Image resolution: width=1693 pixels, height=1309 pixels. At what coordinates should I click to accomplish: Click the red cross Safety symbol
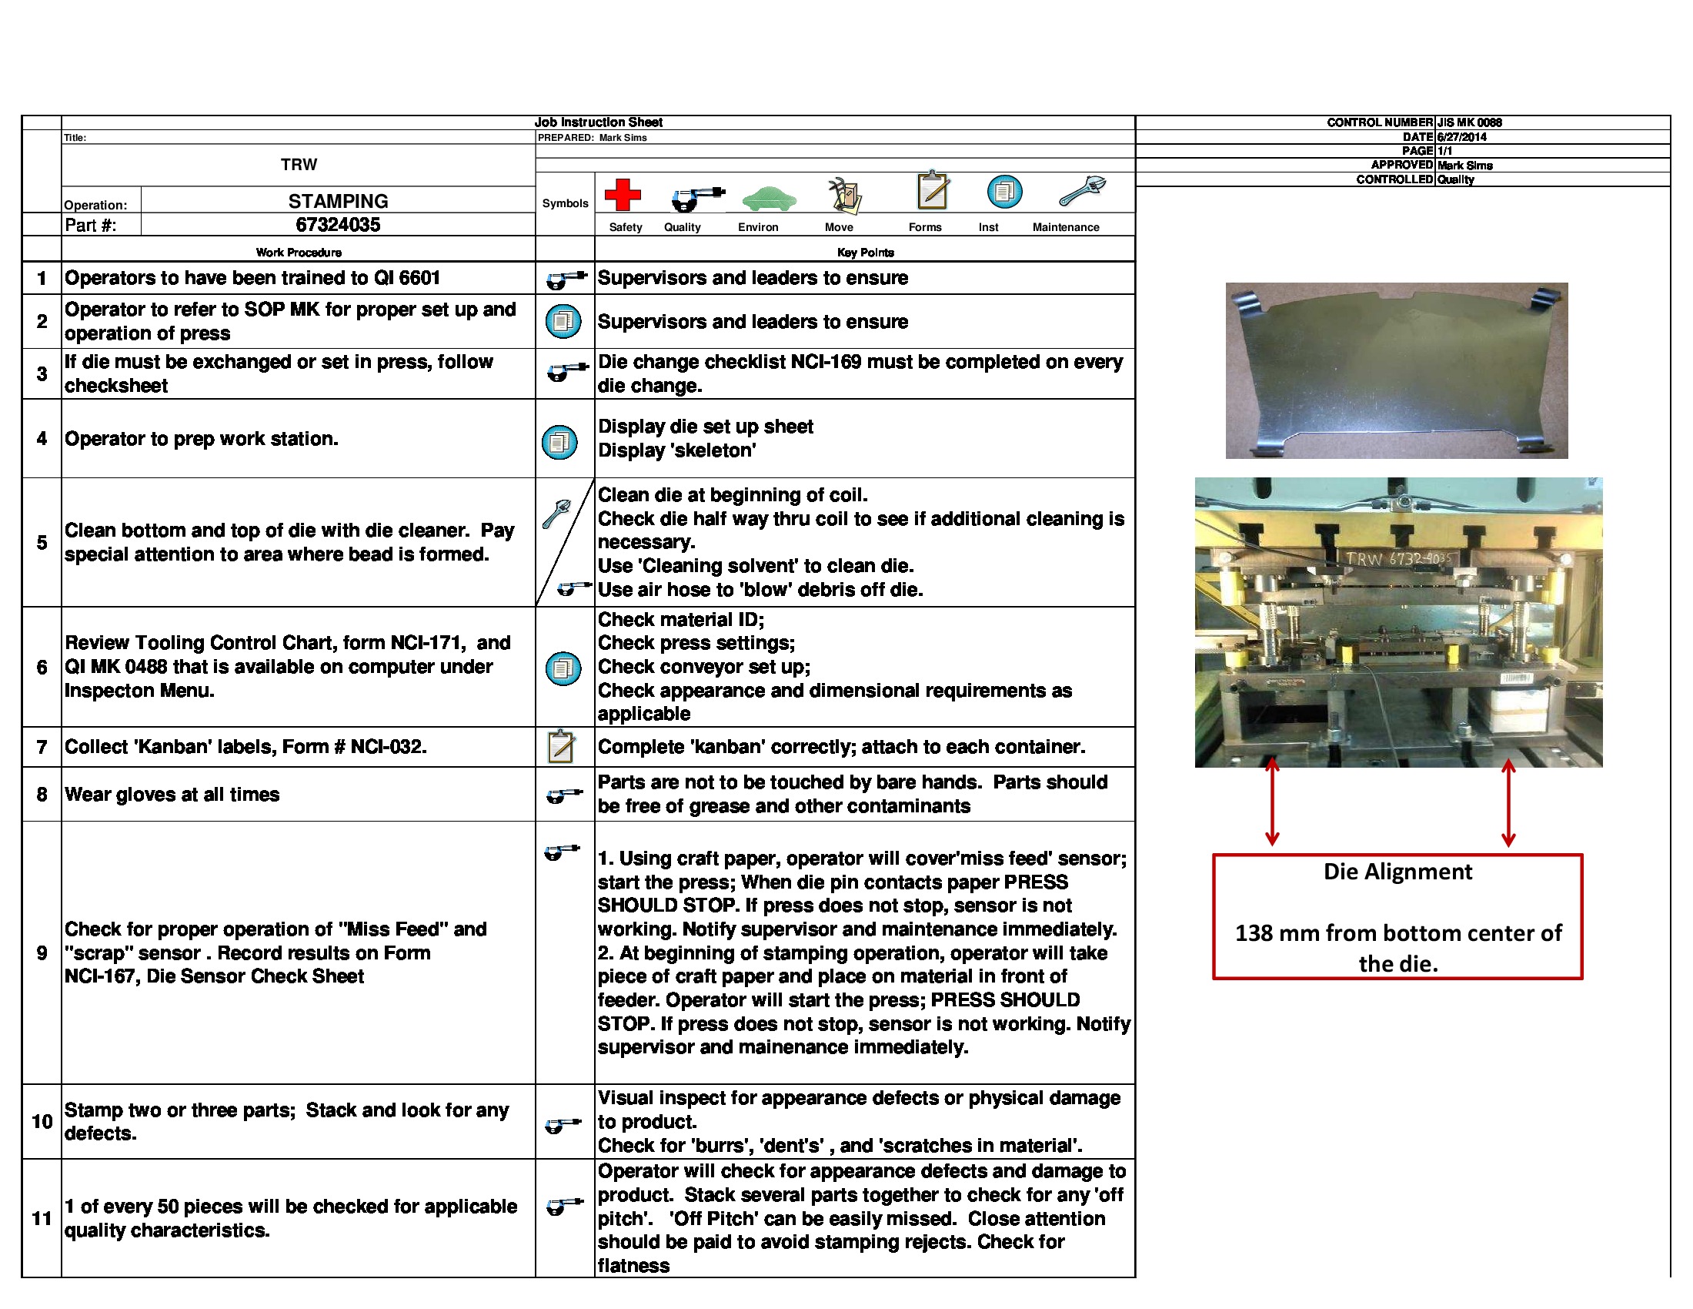tap(623, 195)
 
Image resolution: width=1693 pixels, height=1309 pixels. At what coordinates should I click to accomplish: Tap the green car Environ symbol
tap(768, 199)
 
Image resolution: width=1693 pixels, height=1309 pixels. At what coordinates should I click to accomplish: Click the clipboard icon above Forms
tap(933, 191)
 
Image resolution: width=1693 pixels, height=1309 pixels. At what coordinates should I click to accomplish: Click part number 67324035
tap(338, 225)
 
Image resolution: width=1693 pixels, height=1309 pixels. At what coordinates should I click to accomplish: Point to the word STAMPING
tap(338, 202)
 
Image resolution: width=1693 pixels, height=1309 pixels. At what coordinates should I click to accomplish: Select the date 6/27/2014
tap(1461, 137)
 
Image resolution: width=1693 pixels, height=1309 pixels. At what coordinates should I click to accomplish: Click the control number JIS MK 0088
tap(1469, 122)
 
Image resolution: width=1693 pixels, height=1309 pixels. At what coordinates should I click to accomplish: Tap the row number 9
tap(42, 953)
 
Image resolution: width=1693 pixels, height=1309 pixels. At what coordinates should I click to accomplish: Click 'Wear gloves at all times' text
tap(172, 795)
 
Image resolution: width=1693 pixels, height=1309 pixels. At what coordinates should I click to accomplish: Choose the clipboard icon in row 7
tap(561, 747)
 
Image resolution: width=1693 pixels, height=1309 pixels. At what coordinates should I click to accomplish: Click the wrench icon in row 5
tap(556, 514)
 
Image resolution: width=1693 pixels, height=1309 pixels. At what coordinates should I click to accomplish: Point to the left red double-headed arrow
tap(1272, 802)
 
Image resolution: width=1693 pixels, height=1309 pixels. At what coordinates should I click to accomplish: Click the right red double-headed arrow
tap(1508, 802)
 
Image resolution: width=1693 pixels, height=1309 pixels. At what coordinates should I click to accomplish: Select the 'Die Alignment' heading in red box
tap(1397, 872)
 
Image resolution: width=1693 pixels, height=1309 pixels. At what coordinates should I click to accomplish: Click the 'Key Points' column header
tap(865, 253)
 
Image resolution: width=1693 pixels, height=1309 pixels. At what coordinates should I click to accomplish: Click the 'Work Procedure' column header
tap(299, 253)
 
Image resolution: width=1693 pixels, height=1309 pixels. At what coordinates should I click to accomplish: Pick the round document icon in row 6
tap(563, 668)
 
